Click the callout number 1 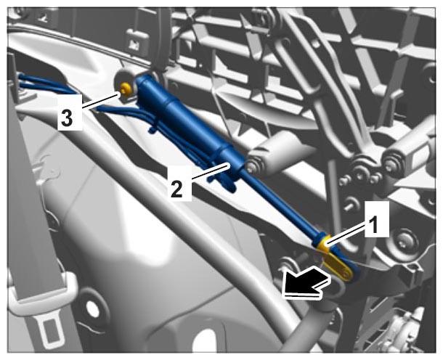375,225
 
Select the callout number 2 176,189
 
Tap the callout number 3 67,118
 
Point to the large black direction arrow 305,283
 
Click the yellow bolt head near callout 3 126,89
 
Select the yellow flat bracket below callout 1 338,265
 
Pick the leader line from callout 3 100,101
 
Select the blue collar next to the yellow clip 320,239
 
